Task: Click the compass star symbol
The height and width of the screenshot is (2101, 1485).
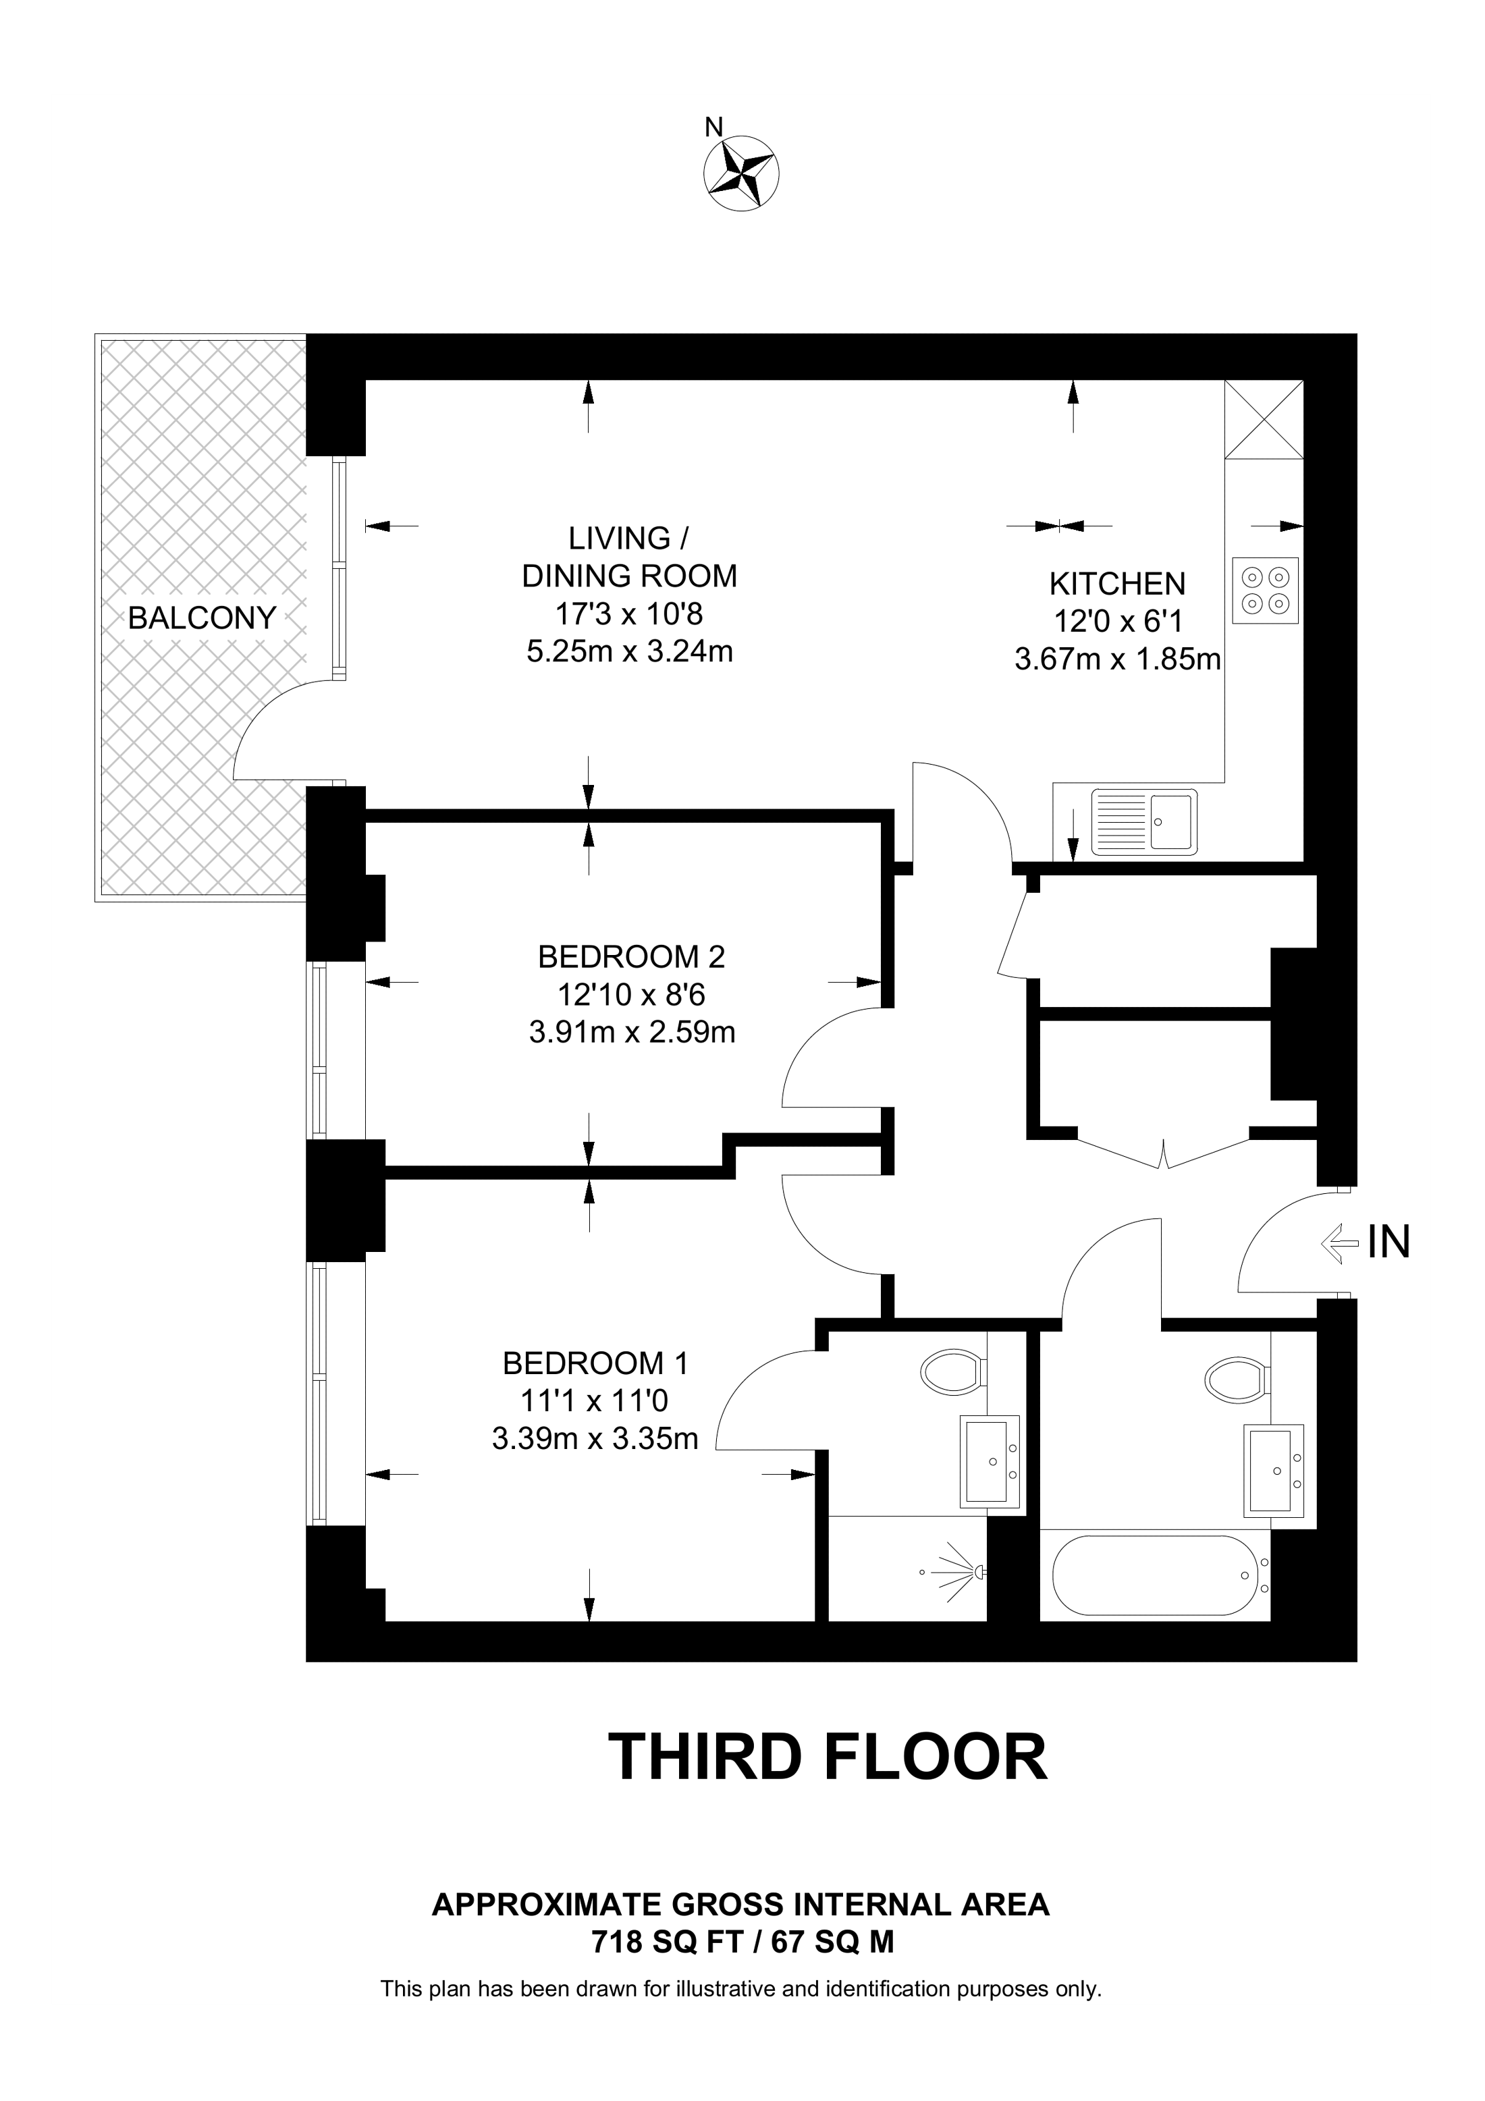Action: click(741, 173)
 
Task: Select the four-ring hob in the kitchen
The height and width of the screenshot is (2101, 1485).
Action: click(1266, 591)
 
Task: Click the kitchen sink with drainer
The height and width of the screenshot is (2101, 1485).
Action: click(1143, 822)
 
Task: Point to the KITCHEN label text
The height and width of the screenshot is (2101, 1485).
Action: click(1117, 584)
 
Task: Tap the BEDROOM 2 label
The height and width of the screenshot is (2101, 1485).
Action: click(631, 957)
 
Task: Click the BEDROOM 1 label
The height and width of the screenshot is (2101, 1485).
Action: click(595, 1363)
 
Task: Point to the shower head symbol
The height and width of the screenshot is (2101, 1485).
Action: click(961, 1572)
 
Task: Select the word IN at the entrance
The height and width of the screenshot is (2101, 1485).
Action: click(1388, 1243)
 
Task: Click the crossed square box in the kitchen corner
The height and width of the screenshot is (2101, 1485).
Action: click(1264, 419)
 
